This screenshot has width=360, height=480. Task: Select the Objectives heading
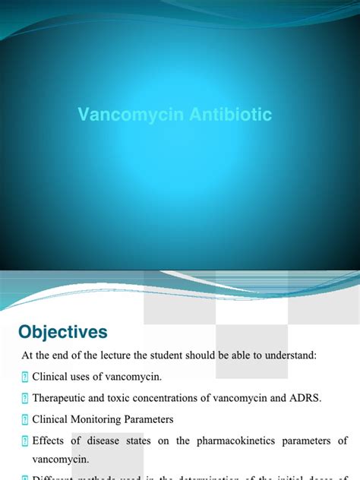(x=63, y=332)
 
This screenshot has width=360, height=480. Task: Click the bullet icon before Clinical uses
(x=24, y=377)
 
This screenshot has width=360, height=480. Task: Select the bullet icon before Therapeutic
(x=24, y=399)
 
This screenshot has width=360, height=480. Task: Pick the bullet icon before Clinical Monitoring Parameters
(x=24, y=419)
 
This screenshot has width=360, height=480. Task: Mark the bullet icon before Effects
(x=24, y=441)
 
